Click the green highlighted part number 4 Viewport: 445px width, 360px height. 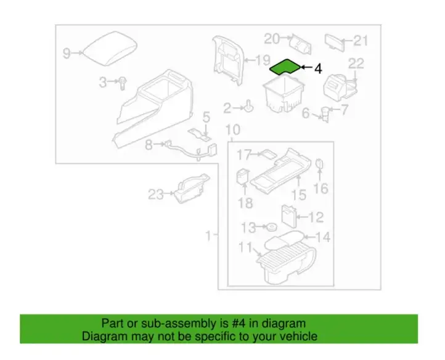[285, 67]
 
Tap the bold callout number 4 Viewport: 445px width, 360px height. [318, 68]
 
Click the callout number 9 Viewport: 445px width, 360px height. [67, 53]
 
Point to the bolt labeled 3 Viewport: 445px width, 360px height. [123, 83]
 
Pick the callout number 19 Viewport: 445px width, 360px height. [263, 60]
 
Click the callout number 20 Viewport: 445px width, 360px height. [272, 38]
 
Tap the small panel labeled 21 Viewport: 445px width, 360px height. [335, 43]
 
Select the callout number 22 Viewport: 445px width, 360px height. [356, 63]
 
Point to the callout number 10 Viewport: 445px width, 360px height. [233, 130]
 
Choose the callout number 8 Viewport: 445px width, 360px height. [149, 145]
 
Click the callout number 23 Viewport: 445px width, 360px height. [156, 195]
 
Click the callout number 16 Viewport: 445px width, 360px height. [321, 188]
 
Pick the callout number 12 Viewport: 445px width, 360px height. [316, 217]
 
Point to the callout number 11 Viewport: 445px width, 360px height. [245, 248]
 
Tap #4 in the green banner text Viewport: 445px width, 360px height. [234, 324]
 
